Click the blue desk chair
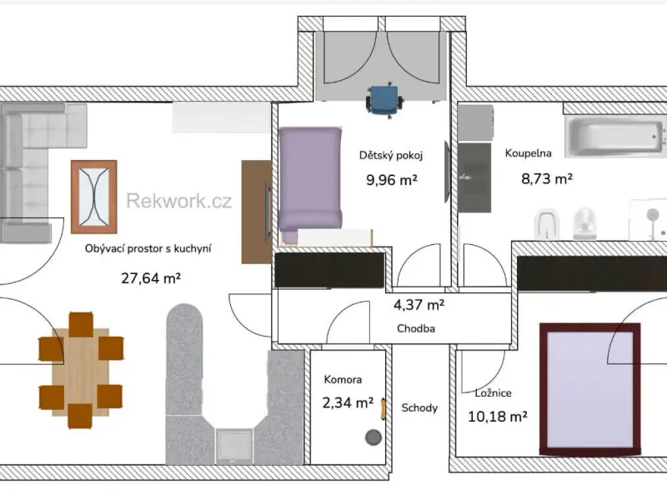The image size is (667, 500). pyautogui.click(x=384, y=101)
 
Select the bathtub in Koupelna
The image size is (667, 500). pyautogui.click(x=615, y=137)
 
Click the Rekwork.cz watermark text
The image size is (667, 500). pyautogui.click(x=179, y=201)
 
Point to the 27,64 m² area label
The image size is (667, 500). pyautogui.click(x=151, y=278)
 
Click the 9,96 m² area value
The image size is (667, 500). pyautogui.click(x=392, y=180)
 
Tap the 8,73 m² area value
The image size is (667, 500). pyautogui.click(x=547, y=178)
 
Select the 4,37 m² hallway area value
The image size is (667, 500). pyautogui.click(x=419, y=304)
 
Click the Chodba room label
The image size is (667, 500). pyautogui.click(x=416, y=328)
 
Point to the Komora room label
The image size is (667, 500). pyautogui.click(x=343, y=379)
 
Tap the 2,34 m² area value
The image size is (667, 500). pyautogui.click(x=348, y=402)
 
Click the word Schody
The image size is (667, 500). pyautogui.click(x=419, y=407)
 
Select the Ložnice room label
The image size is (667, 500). pyautogui.click(x=493, y=392)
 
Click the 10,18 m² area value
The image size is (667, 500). pyautogui.click(x=498, y=416)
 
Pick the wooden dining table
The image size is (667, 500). pyautogui.click(x=81, y=371)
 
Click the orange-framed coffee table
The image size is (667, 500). pyautogui.click(x=94, y=197)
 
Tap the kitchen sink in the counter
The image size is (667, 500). pyautogui.click(x=234, y=445)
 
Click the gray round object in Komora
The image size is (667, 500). pyautogui.click(x=374, y=437)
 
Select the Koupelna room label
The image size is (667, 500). pyautogui.click(x=529, y=153)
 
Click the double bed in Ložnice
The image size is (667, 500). pyautogui.click(x=590, y=389)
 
